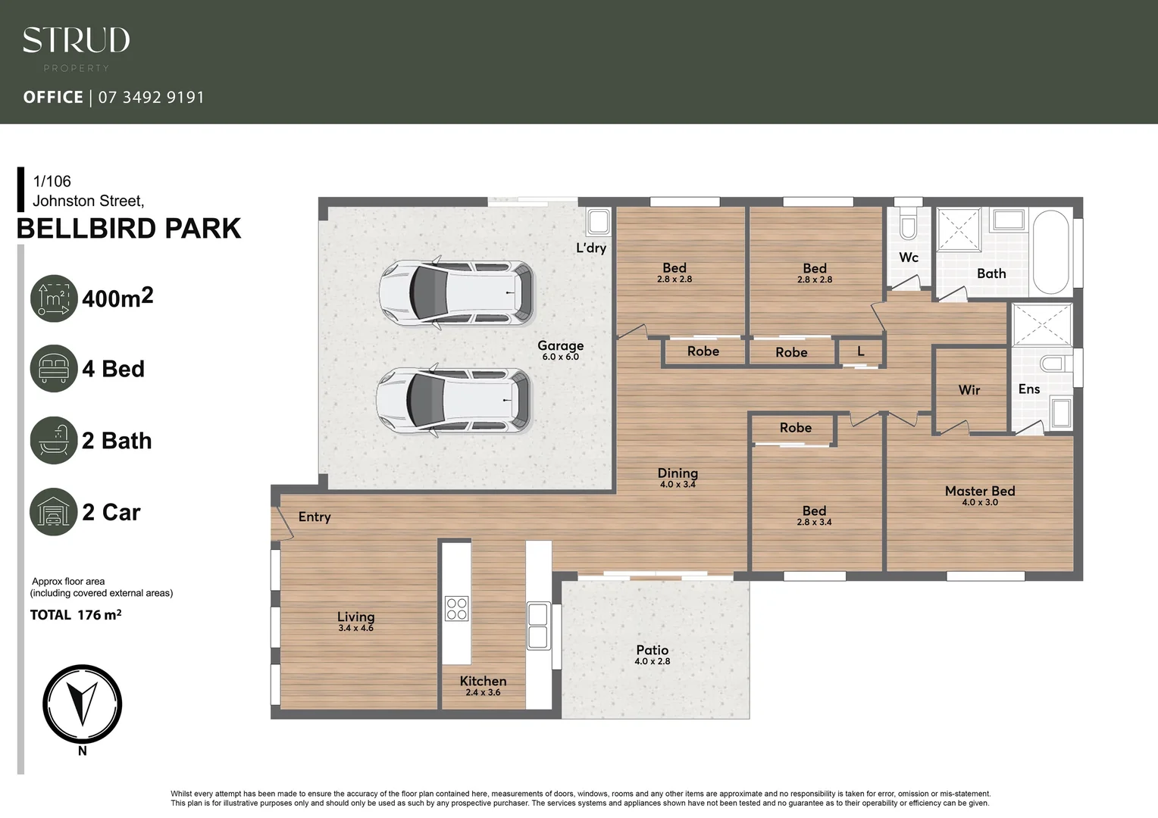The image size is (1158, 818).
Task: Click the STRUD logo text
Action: click(x=76, y=40)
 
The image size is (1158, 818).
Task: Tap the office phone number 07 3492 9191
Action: click(x=151, y=97)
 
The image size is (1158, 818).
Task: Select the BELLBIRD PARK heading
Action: click(x=129, y=228)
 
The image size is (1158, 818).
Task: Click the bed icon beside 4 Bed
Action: click(x=54, y=369)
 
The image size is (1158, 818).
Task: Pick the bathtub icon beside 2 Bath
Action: click(x=54, y=440)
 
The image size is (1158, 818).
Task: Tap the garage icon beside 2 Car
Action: click(x=54, y=512)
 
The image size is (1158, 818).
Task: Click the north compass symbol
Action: click(x=82, y=704)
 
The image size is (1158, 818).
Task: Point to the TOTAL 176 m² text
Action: click(x=76, y=615)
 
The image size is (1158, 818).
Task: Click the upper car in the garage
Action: click(x=456, y=293)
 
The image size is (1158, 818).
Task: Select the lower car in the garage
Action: click(x=455, y=400)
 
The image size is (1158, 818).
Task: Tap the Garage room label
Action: click(x=560, y=346)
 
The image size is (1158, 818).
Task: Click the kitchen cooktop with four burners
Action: click(x=457, y=609)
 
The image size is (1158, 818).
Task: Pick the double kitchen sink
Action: click(x=538, y=626)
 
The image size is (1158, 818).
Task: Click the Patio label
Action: click(x=652, y=651)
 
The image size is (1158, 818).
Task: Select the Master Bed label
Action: click(x=979, y=492)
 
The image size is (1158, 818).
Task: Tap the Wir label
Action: click(x=969, y=390)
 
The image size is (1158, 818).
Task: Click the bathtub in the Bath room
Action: click(x=1050, y=252)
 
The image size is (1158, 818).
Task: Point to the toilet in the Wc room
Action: click(x=908, y=225)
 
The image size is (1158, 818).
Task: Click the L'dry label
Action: click(x=591, y=248)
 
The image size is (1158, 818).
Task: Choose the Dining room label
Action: click(x=678, y=473)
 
